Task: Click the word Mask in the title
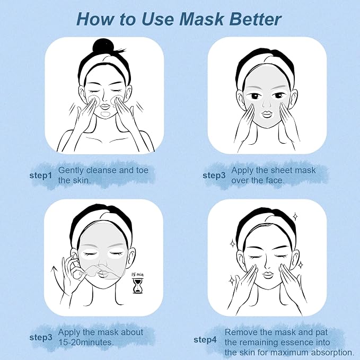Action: point(201,19)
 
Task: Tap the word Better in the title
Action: point(255,19)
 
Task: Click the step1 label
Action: point(41,175)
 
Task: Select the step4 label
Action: point(205,340)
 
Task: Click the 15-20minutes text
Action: point(86,343)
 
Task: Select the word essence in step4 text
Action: point(295,343)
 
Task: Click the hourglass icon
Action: point(137,286)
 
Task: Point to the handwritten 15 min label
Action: point(137,274)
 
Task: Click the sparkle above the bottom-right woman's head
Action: point(295,216)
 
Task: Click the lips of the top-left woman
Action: point(105,107)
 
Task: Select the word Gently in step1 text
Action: point(71,171)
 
